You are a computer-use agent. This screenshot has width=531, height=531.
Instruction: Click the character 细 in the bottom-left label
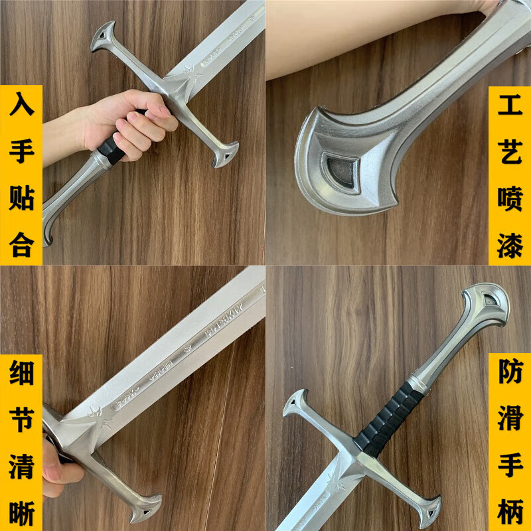coord(21,375)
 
